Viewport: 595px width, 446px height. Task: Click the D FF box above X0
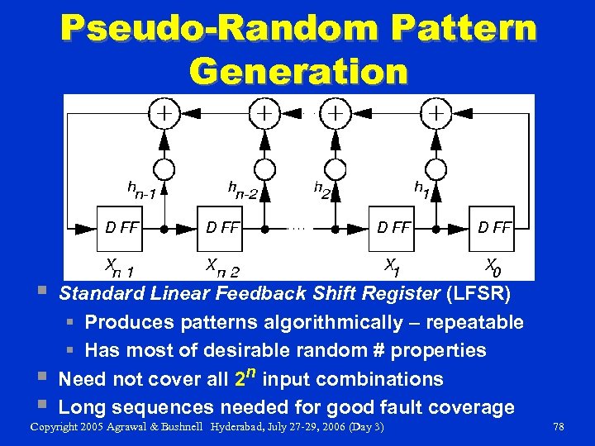click(x=494, y=227)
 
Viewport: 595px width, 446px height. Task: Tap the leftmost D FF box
click(x=121, y=227)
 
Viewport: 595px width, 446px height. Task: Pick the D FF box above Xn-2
click(x=221, y=227)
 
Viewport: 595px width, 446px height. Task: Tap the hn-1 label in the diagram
click(x=141, y=191)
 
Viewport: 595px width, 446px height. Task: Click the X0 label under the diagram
click(x=493, y=266)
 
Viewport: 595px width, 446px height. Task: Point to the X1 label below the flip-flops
click(x=393, y=265)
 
